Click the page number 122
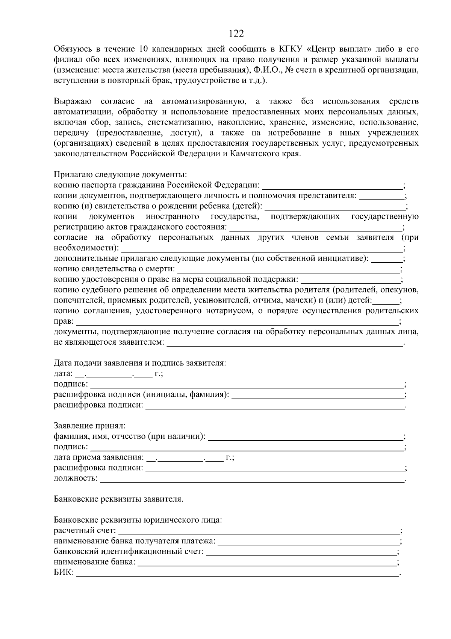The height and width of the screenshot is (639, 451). point(236,34)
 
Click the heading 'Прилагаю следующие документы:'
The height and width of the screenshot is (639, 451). point(120,175)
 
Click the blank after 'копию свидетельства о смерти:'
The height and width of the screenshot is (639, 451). point(288,269)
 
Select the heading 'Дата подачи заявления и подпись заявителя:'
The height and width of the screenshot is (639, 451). point(140,364)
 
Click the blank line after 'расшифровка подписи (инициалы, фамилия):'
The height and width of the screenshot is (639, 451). point(318,395)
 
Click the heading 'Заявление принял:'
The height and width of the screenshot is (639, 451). point(89,426)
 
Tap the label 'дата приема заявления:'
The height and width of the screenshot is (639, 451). point(99,458)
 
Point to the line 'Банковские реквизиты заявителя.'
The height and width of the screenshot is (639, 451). point(119,499)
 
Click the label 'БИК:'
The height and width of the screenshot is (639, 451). point(64,573)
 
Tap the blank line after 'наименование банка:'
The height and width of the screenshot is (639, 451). point(267,563)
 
